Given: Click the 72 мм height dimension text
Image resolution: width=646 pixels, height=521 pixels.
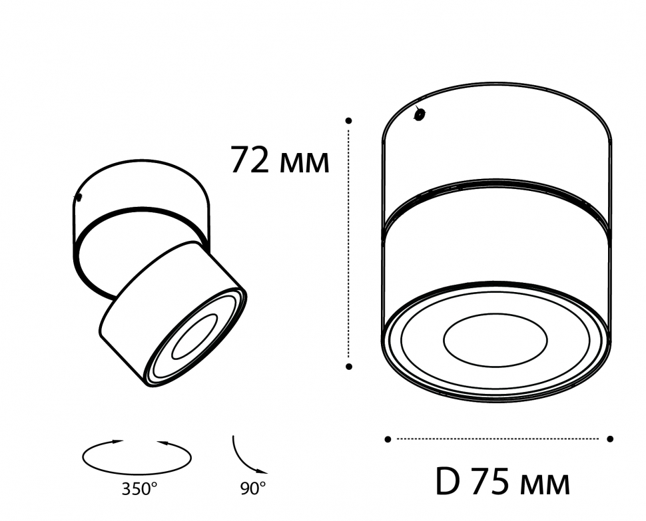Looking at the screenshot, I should click(x=280, y=160).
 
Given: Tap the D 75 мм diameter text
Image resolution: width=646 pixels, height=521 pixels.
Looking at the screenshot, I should click(x=502, y=482).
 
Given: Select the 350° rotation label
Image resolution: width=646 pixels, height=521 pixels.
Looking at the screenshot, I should click(x=140, y=490).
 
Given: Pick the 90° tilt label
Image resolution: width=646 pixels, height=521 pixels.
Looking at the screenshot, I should click(x=253, y=489).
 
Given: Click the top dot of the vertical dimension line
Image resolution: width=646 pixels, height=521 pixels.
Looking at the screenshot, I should click(x=348, y=120).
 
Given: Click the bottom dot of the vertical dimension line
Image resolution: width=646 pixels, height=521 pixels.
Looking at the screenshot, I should click(x=348, y=366).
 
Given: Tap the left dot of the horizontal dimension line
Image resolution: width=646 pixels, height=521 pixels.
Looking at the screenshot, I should click(x=388, y=438).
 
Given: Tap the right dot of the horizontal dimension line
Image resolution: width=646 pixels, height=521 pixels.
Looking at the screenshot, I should click(x=610, y=438).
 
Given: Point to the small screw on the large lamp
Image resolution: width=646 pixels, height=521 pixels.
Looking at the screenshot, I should click(x=420, y=114).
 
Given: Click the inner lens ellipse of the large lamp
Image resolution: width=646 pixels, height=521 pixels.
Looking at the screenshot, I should click(x=495, y=340).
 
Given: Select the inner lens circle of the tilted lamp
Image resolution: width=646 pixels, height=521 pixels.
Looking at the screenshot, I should click(x=194, y=337).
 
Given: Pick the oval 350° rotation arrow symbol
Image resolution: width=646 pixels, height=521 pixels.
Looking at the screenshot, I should click(x=137, y=456).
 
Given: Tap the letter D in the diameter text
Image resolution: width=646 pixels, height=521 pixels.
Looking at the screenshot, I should click(x=448, y=482).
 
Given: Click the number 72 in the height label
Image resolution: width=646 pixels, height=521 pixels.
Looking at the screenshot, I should click(x=250, y=160).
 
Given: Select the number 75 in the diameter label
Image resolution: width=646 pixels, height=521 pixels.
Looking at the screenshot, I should click(x=491, y=482).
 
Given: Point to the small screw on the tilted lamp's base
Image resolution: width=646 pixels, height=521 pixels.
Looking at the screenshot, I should click(x=79, y=198).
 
